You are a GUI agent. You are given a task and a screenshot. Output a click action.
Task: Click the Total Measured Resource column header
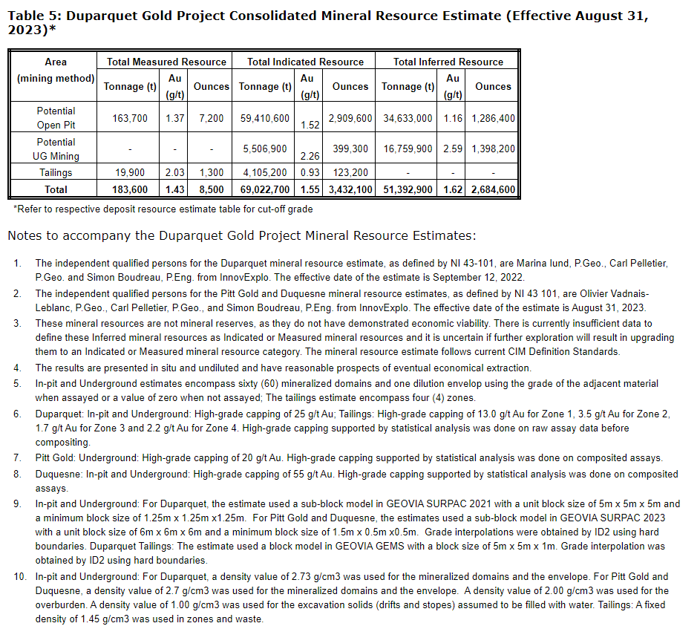(166, 62)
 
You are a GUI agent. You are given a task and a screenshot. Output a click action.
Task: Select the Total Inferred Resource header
(448, 62)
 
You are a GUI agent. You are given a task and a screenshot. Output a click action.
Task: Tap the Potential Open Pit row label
(56, 118)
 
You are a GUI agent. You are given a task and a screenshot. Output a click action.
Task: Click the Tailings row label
(56, 172)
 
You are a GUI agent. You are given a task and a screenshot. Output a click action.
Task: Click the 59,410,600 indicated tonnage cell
(264, 118)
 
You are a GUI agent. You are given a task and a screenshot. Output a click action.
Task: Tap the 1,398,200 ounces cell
(493, 149)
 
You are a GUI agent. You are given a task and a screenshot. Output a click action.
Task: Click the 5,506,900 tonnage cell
(264, 149)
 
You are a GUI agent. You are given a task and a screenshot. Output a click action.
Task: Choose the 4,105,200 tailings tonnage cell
(264, 172)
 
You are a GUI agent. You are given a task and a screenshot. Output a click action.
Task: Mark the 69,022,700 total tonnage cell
(264, 189)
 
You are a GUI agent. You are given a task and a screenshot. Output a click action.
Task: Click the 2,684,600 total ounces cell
(493, 189)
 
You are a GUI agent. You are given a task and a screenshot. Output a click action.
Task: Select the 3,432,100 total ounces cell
(350, 189)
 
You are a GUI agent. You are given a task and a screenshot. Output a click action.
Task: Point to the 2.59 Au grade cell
(453, 149)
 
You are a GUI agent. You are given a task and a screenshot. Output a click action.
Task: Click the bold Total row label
(56, 189)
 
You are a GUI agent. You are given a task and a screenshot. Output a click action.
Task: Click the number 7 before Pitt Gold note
(17, 458)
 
